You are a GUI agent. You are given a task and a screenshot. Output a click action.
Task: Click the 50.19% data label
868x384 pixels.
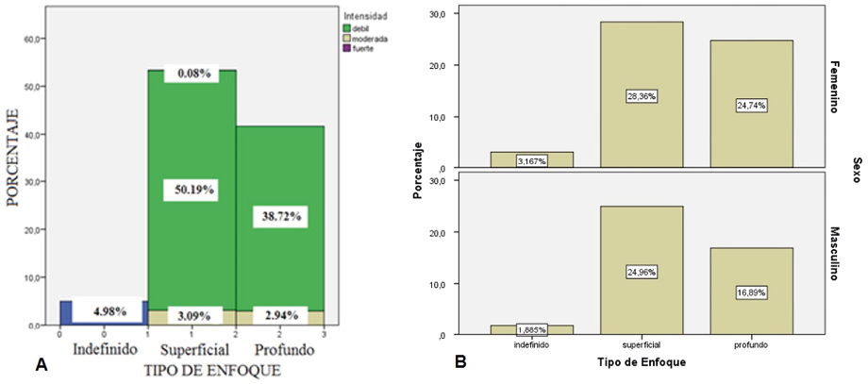192,190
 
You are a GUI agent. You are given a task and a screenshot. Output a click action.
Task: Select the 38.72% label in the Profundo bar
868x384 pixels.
280,216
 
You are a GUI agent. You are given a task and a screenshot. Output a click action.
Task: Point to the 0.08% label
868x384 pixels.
192,74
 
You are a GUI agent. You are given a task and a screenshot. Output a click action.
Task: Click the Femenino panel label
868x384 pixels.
834,88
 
